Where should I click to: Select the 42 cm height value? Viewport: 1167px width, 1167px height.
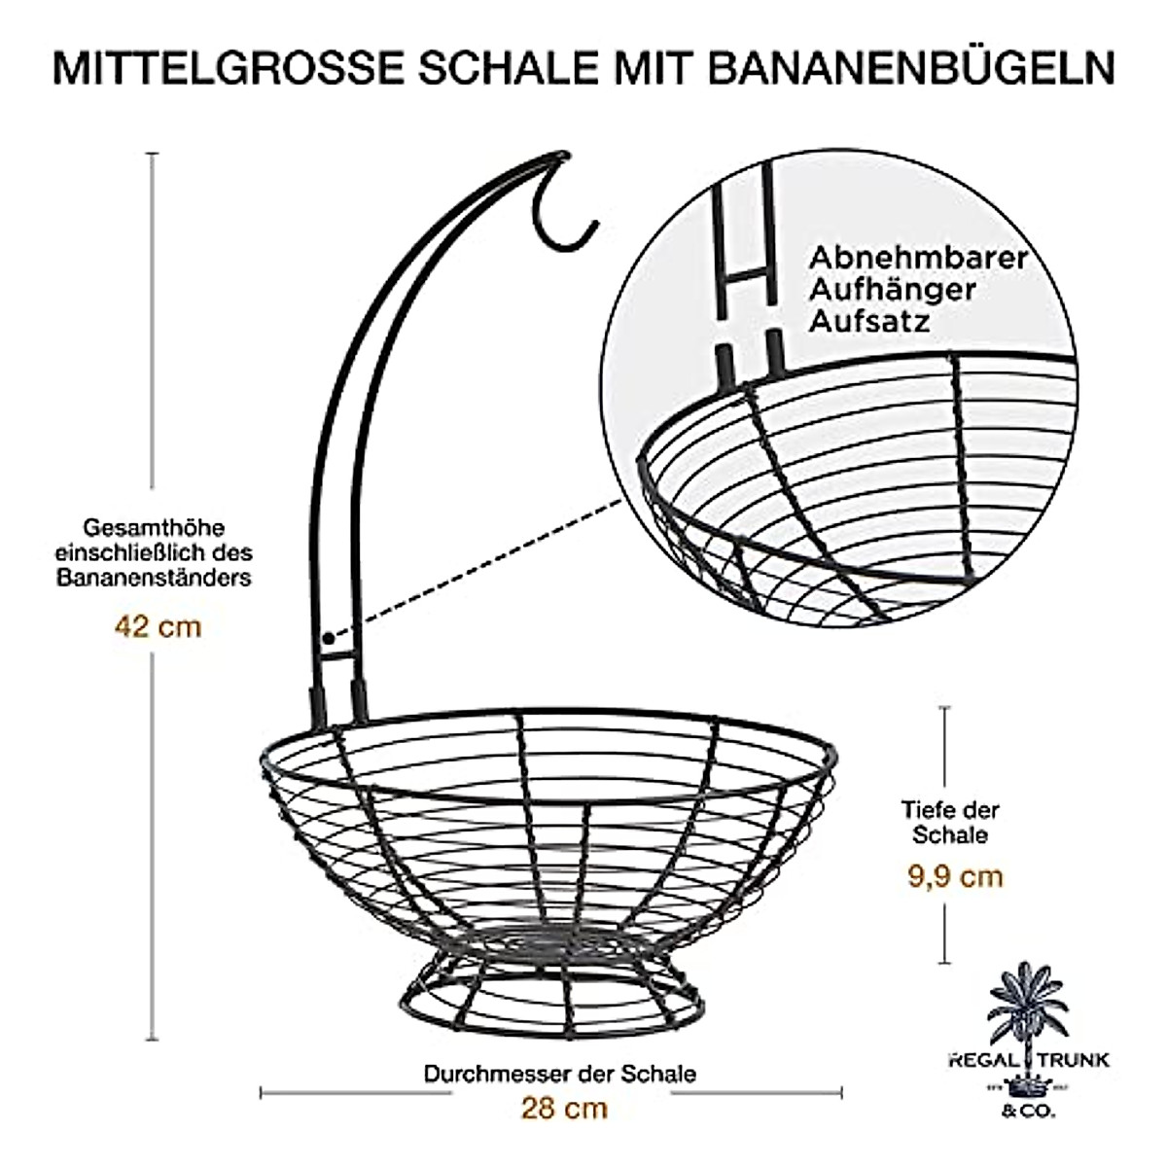point(158,626)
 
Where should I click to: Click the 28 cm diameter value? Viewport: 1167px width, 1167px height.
point(564,1108)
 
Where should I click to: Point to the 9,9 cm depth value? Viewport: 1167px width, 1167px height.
point(955,876)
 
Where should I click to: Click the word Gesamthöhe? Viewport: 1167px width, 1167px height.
point(154,528)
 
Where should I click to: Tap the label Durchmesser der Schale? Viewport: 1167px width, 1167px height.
point(560,1074)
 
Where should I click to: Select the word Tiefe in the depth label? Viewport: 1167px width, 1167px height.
point(924,810)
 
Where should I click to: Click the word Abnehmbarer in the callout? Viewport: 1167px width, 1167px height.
point(918,258)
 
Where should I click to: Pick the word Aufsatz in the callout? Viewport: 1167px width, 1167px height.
point(869,320)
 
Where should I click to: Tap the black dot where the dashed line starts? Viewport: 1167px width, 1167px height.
point(329,639)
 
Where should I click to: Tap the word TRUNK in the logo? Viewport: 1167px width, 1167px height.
point(1075,1060)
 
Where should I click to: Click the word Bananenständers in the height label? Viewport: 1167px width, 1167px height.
point(154,579)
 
